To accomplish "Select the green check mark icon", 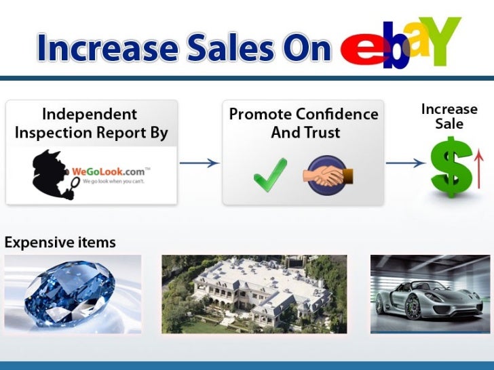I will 270,173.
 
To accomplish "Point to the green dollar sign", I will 450,166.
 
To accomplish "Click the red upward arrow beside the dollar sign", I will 478,167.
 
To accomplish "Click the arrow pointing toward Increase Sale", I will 406,163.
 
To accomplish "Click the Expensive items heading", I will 60,242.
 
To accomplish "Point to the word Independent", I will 90,114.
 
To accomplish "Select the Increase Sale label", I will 449,117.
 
